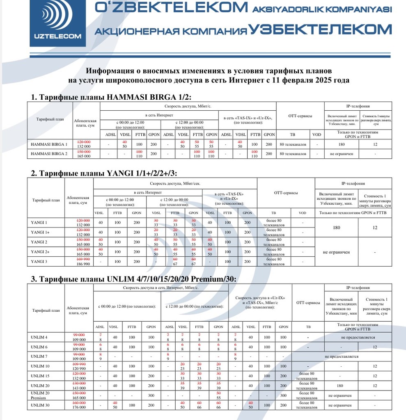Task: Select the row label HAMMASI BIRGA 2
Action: click(49, 154)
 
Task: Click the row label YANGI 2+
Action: click(40, 251)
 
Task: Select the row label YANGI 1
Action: click(39, 222)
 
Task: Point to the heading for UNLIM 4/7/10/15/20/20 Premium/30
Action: click(133, 279)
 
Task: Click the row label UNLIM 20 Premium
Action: click(39, 395)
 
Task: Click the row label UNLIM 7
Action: click(39, 356)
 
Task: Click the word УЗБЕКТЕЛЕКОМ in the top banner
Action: click(320, 30)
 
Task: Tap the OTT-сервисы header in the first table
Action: click(300, 116)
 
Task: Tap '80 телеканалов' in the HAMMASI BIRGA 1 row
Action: click(293, 144)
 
